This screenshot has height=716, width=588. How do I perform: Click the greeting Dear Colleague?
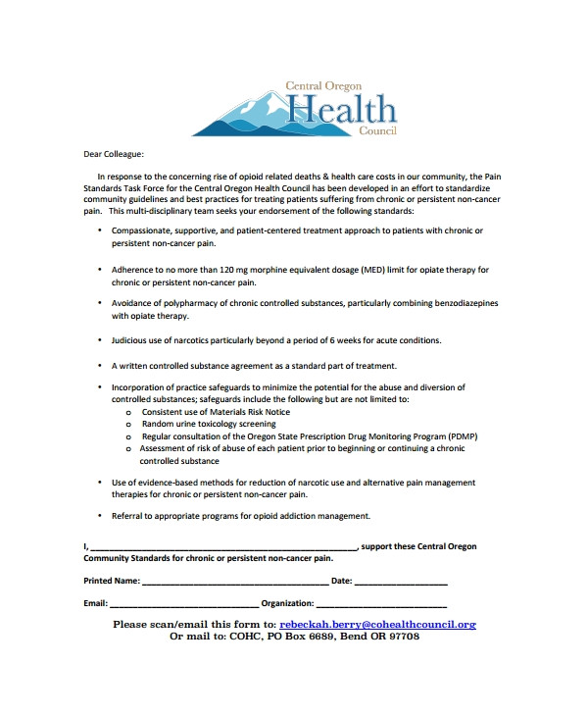click(x=112, y=154)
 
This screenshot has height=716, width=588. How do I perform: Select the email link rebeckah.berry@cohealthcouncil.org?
click(x=377, y=624)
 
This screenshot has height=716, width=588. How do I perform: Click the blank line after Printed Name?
click(x=235, y=582)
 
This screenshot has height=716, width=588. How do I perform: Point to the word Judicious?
click(x=129, y=339)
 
